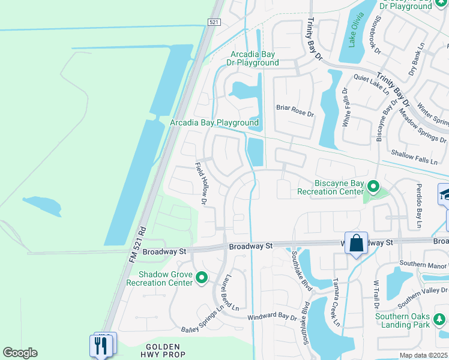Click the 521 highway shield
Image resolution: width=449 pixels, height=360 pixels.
[x=215, y=22]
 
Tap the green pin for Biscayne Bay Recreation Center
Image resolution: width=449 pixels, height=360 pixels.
[x=373, y=187]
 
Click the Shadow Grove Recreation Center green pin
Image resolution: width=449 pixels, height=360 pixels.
[x=202, y=278]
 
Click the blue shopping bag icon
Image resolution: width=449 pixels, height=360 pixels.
[x=356, y=244]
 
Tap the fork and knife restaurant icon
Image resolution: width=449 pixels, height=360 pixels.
[x=101, y=346]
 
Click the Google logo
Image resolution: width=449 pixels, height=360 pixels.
[x=20, y=353]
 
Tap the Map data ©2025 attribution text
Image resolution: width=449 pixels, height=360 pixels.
[x=424, y=355]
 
